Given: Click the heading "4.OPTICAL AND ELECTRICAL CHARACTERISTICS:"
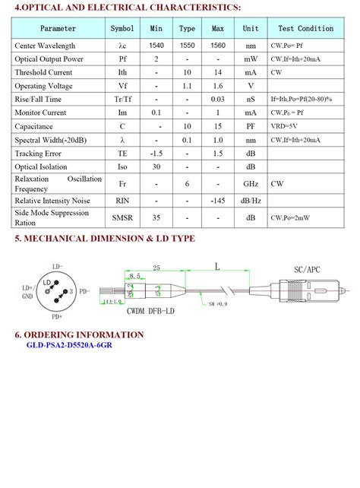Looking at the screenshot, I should pyautogui.click(x=128, y=8).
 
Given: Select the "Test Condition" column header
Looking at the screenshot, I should pyautogui.click(x=305, y=29).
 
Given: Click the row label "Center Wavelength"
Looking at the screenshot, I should pyautogui.click(x=45, y=46).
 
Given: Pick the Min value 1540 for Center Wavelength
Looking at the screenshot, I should pyautogui.click(x=156, y=46).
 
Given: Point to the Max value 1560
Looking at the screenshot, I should pyautogui.click(x=218, y=46).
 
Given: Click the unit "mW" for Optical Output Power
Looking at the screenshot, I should pyautogui.click(x=251, y=59).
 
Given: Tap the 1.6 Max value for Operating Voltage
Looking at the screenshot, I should pyautogui.click(x=218, y=86).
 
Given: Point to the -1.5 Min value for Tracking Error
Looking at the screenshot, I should pyautogui.click(x=156, y=154).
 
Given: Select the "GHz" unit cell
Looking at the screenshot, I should pyautogui.click(x=251, y=184).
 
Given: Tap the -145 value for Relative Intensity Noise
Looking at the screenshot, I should pyautogui.click(x=218, y=201).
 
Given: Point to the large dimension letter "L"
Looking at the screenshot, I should pyautogui.click(x=218, y=267).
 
